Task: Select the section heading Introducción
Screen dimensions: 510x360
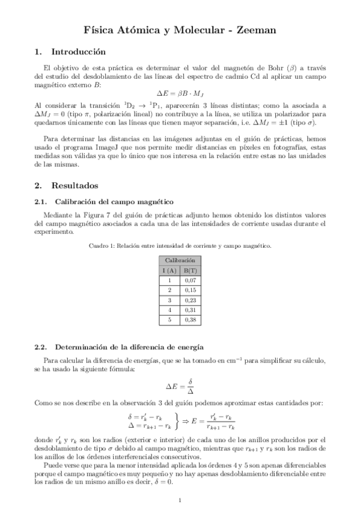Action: click(78, 52)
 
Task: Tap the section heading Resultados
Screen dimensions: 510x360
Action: click(75, 186)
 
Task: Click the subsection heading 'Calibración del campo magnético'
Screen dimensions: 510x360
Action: click(114, 201)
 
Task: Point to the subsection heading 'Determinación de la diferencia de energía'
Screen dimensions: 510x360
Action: click(129, 347)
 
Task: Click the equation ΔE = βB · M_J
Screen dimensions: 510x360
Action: click(180, 94)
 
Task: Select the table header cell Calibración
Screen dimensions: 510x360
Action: click(180, 260)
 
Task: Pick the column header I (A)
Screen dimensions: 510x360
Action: click(169, 270)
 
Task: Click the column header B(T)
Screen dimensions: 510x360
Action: click(191, 270)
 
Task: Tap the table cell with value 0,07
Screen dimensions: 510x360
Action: click(191, 280)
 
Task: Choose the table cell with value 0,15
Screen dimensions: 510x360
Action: click(191, 290)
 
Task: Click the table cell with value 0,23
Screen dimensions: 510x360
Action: click(191, 300)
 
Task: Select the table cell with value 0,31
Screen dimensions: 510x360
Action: click(191, 310)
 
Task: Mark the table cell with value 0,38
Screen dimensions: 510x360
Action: click(191, 320)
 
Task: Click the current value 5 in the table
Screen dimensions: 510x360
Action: click(169, 320)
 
